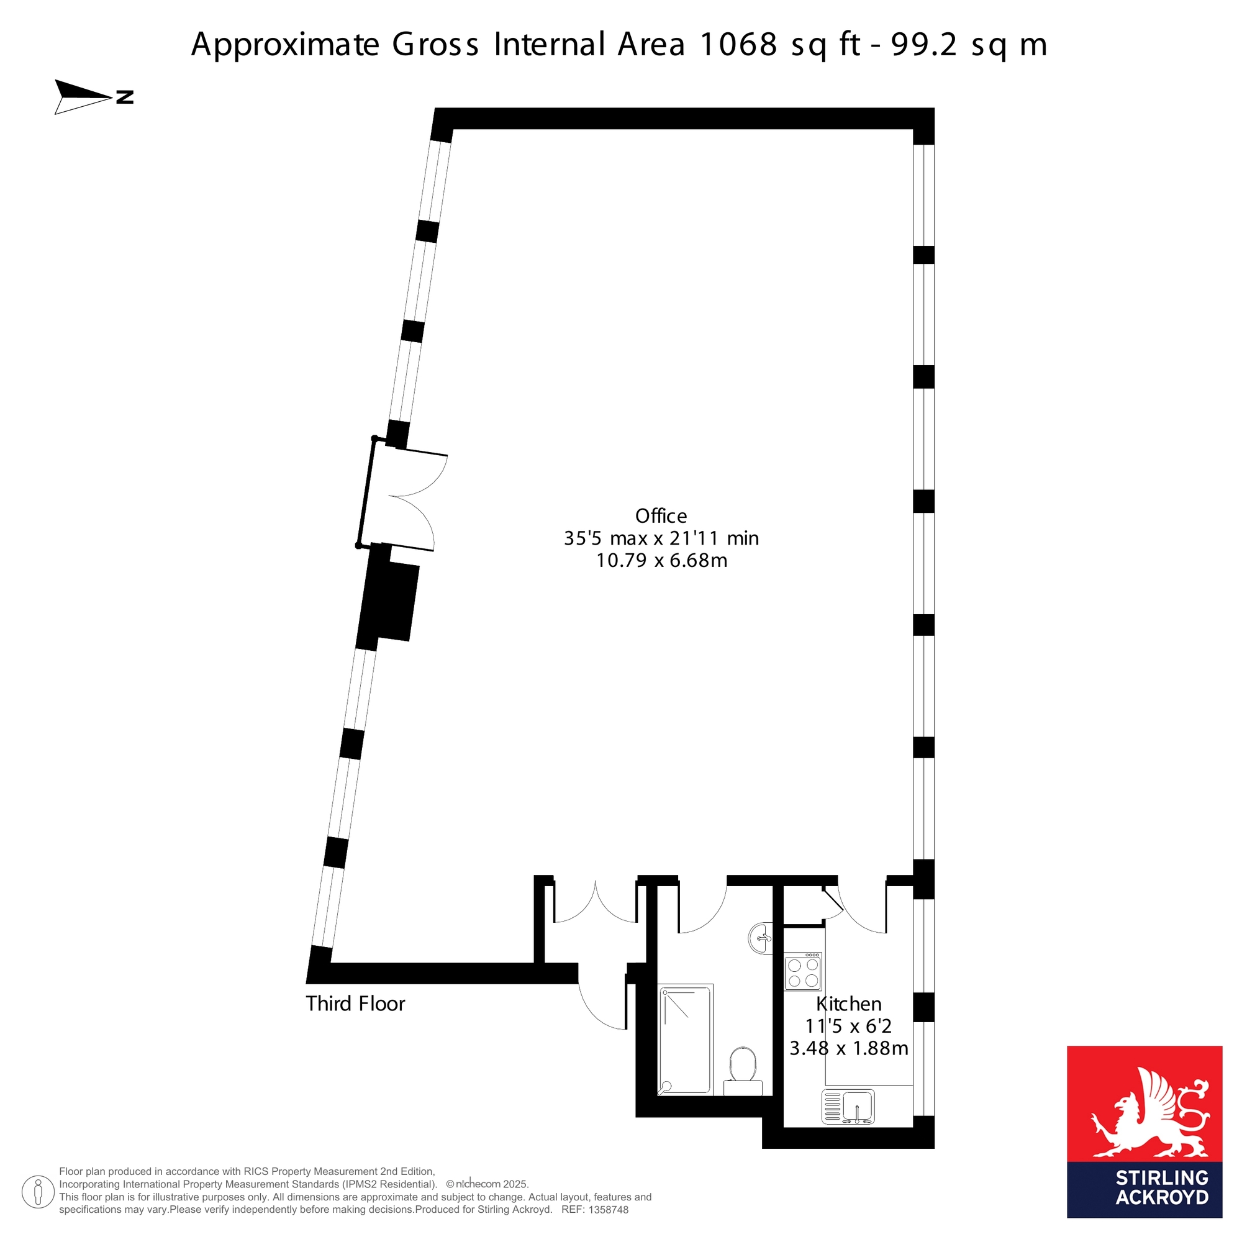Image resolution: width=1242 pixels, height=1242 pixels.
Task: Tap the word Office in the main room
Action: tap(661, 516)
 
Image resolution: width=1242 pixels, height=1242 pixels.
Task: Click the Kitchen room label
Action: tap(848, 1004)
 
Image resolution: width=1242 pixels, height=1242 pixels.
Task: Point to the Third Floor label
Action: tap(355, 1004)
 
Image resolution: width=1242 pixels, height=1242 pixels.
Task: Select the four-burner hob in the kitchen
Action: tap(803, 971)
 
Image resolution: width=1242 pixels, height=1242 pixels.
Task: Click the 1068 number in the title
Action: tap(738, 44)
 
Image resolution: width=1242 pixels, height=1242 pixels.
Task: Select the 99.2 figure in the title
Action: tap(925, 44)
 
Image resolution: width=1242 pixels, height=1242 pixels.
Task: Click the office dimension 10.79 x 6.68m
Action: tap(661, 561)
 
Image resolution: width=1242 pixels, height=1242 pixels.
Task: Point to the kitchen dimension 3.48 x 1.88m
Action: tap(848, 1048)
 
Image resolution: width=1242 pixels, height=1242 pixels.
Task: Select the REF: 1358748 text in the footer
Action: tap(595, 1209)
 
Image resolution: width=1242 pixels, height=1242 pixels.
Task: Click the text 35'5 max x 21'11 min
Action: tap(661, 538)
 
